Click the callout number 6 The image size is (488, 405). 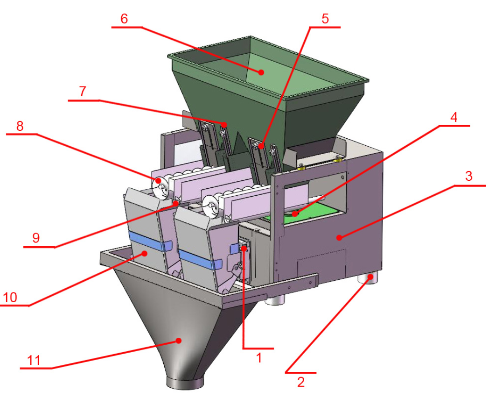[x=124, y=19]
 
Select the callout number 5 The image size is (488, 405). [x=325, y=19]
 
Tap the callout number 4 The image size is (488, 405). [x=454, y=117]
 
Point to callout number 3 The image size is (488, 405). [x=469, y=176]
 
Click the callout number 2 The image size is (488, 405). [x=300, y=382]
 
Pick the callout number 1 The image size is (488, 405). [x=259, y=358]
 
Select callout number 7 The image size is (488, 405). [x=83, y=92]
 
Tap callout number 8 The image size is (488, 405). [x=20, y=126]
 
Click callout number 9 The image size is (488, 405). [x=36, y=238]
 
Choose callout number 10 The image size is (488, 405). [x=10, y=298]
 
